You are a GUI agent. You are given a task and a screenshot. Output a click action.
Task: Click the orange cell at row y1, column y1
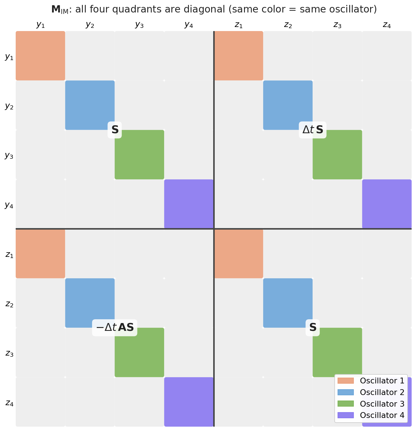40,56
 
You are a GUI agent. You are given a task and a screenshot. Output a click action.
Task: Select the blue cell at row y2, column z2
288,105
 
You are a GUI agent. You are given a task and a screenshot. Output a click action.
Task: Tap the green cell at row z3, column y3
139,352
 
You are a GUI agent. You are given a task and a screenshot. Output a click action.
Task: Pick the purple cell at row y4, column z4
387,204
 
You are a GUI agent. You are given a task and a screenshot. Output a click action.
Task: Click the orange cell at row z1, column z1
239,254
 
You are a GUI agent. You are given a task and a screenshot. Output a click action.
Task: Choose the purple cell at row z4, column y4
189,402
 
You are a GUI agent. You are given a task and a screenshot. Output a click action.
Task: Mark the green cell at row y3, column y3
139,155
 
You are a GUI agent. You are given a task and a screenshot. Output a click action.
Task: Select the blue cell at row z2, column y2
90,303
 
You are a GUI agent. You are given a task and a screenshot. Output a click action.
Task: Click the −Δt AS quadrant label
115,328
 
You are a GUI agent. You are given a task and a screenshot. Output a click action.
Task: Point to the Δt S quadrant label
313,130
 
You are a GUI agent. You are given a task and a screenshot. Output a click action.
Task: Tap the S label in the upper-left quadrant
115,130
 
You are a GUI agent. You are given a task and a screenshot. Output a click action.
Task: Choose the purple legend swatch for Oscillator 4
346,415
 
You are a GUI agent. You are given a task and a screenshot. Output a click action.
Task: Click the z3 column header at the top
337,25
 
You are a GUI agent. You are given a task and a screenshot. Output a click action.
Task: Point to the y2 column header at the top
90,25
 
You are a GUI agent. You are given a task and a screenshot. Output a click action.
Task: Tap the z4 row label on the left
9,403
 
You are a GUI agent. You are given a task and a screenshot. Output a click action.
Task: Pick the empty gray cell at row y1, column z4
387,56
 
